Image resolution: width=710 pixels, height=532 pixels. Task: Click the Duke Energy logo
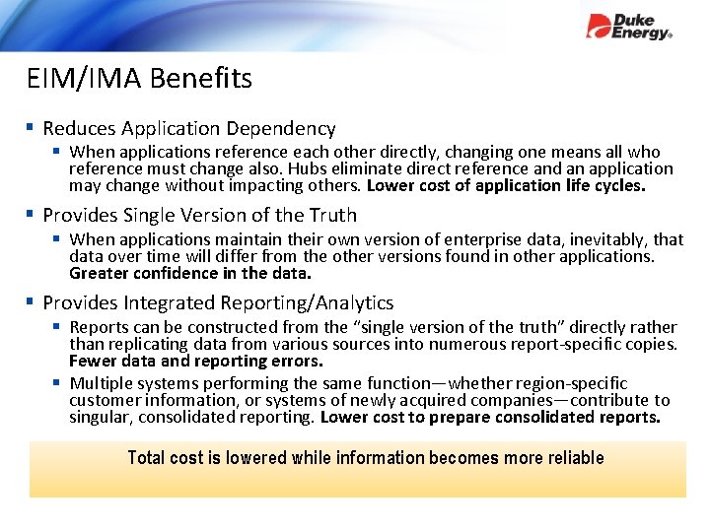628,27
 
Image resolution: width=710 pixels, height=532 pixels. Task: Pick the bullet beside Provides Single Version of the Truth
33,214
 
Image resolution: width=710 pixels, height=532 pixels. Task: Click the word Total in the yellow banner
148,458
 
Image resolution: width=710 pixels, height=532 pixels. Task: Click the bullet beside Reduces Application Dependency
33,127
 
